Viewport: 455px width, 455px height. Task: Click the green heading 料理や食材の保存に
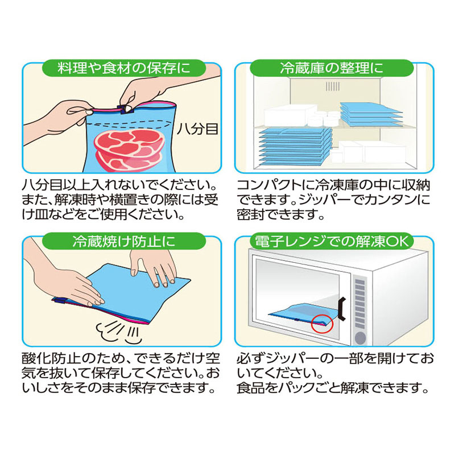tap(124, 68)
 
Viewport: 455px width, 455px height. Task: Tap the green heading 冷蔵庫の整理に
tap(332, 68)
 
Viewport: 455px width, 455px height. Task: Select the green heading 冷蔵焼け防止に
tap(124, 241)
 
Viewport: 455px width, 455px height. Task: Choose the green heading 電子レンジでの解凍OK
tap(332, 241)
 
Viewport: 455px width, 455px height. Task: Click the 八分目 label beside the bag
tap(197, 129)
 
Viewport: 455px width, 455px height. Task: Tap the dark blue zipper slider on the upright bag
tap(125, 109)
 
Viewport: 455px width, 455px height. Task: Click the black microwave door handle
tap(342, 309)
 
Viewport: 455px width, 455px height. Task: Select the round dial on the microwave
tap(360, 337)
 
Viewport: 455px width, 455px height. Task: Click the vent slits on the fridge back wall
tap(333, 86)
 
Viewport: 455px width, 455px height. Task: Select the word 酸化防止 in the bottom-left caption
tap(52, 359)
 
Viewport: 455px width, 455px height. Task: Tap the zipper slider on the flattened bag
tap(60, 301)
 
